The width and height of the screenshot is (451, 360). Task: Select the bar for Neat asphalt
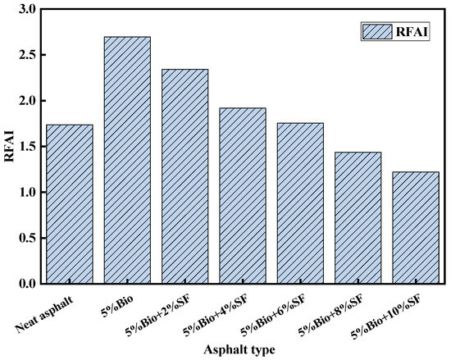(x=69, y=204)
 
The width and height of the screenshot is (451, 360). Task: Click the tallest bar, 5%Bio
(x=126, y=160)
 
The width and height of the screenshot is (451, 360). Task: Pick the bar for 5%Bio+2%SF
(x=184, y=176)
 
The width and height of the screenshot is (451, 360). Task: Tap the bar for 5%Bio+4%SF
(x=242, y=196)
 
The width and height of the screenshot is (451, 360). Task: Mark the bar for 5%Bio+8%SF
(x=358, y=218)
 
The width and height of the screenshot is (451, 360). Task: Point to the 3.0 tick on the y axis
(x=27, y=9)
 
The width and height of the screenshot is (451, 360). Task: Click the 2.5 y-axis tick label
(x=27, y=55)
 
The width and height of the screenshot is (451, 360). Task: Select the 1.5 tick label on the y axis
(x=27, y=147)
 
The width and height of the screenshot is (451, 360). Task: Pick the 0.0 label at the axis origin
(x=27, y=284)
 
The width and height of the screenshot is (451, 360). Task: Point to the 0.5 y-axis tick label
(x=27, y=239)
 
